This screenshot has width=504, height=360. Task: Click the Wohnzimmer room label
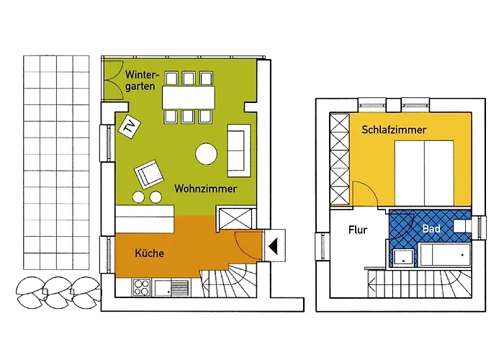pos(205,189)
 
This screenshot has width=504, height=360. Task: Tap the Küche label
pos(149,253)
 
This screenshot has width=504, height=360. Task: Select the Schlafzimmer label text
pos(394,130)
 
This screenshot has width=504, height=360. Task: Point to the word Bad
pos(431,228)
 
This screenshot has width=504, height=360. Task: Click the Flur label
pos(358,230)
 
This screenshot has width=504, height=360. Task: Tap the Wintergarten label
pos(142,81)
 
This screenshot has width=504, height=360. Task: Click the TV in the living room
pos(130,127)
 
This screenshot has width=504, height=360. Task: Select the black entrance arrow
pos(273,246)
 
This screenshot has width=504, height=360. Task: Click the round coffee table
pos(206,154)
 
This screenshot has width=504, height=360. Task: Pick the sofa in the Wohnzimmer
pos(239,150)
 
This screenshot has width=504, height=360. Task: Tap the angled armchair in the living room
pos(149,174)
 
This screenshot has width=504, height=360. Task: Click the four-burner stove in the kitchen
pos(142,287)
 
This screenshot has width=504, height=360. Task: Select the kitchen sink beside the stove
pos(171,288)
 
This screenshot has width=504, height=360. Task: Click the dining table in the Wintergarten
pos(189,97)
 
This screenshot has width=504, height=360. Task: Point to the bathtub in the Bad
pos(445,255)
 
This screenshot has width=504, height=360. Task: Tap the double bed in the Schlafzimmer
pos(424,173)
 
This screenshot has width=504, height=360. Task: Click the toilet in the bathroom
pos(463,226)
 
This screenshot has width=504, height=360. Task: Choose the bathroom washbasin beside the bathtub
pos(402,258)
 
